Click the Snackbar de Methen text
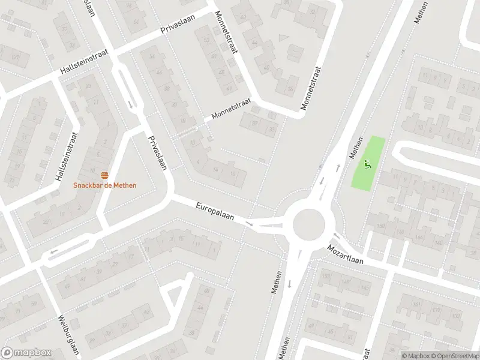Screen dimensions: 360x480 pos(105,185)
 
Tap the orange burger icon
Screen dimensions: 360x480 pos(105,175)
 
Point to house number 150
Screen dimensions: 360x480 pos(380,226)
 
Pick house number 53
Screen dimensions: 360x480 pos(208,41)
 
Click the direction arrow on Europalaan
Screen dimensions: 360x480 pos(251,224)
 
